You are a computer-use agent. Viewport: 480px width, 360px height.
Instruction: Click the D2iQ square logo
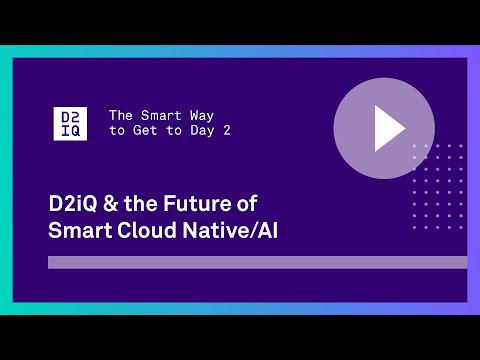click(70, 122)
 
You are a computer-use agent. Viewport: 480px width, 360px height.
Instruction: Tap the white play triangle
click(387, 127)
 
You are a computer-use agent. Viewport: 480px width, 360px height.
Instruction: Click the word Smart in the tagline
click(156, 115)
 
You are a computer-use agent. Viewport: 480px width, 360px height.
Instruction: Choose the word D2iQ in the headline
click(73, 203)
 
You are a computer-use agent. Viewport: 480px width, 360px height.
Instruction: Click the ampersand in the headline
click(113, 203)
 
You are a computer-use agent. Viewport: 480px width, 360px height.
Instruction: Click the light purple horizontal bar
click(257, 262)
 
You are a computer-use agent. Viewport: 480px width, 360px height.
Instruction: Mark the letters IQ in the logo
click(70, 130)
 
